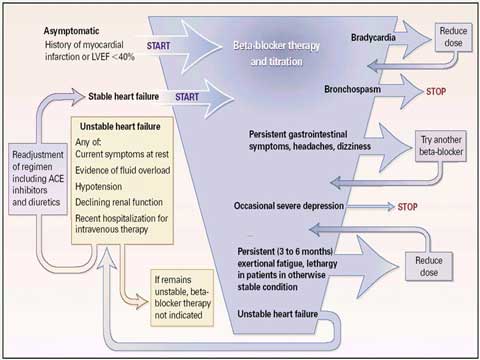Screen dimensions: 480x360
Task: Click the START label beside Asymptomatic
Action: pyautogui.click(x=158, y=46)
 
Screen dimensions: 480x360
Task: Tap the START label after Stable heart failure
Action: pyautogui.click(x=187, y=97)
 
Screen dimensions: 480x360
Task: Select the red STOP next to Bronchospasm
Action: pyautogui.click(x=436, y=91)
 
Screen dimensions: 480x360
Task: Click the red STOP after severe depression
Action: pyautogui.click(x=407, y=207)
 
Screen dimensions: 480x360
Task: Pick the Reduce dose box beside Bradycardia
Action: pyautogui.click(x=453, y=37)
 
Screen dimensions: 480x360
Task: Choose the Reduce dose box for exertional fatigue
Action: pyautogui.click(x=429, y=267)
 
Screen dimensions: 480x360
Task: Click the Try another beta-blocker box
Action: pyautogui.click(x=441, y=146)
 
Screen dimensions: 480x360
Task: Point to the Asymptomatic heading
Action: pyautogui.click(x=71, y=31)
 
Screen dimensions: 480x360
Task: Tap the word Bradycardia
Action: pyautogui.click(x=373, y=37)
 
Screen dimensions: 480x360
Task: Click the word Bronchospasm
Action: pyautogui.click(x=353, y=89)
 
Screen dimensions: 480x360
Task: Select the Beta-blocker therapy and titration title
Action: pyautogui.click(x=276, y=53)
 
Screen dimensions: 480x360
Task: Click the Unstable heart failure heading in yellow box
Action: pyautogui.click(x=120, y=126)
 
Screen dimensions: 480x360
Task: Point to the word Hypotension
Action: pyautogui.click(x=99, y=186)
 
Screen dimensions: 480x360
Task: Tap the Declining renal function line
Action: pyautogui.click(x=119, y=202)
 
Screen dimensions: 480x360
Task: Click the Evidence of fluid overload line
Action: pyautogui.click(x=123, y=170)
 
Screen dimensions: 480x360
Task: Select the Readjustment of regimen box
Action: pyautogui.click(x=38, y=179)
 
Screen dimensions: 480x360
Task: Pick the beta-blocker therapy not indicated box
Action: pyautogui.click(x=182, y=298)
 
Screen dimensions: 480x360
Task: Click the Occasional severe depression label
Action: pyautogui.click(x=289, y=206)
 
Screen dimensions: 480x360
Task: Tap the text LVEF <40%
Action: pyautogui.click(x=113, y=57)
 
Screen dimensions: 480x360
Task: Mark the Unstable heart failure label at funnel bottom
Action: pyautogui.click(x=278, y=314)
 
